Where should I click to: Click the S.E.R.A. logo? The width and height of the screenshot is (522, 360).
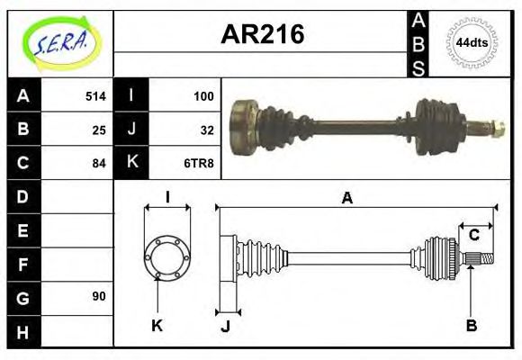(x=59, y=41)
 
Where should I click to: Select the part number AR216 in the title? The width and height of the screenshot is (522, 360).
(x=262, y=35)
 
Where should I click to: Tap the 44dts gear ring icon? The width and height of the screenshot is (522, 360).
(x=472, y=42)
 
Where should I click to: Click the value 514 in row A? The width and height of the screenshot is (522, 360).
(x=95, y=95)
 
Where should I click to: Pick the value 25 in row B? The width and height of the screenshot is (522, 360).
(x=99, y=129)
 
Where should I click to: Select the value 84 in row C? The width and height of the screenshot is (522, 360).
(x=99, y=163)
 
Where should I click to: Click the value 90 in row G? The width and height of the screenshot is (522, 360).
(x=99, y=296)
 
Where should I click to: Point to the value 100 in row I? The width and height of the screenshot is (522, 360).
(x=202, y=95)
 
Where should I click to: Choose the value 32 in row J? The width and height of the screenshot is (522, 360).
(x=206, y=129)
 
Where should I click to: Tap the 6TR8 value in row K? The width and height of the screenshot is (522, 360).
(x=199, y=163)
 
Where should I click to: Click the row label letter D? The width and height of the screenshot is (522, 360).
(x=22, y=195)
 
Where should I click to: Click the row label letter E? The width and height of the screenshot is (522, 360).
(x=22, y=229)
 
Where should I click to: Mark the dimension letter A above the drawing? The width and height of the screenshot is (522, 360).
(x=346, y=199)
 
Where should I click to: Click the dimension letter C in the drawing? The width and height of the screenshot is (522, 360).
(x=473, y=237)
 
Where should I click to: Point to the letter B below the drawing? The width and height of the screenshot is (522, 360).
(x=471, y=326)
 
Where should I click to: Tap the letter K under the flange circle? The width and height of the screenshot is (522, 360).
(x=157, y=326)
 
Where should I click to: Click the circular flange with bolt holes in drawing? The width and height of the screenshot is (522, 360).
(x=166, y=256)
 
